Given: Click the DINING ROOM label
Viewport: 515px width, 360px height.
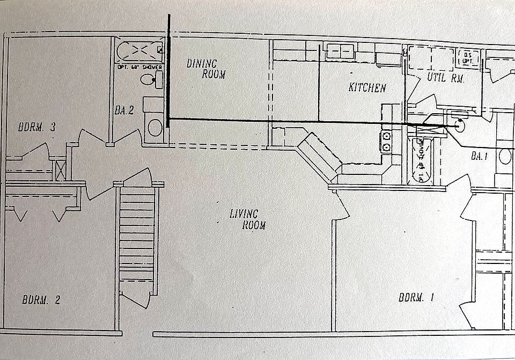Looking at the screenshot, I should pos(206,69).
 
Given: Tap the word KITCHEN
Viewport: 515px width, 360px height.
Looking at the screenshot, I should pos(367,87).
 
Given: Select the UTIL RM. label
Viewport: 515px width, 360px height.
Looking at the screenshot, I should pos(445,78).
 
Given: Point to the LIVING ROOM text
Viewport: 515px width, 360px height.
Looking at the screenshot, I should pos(247,219).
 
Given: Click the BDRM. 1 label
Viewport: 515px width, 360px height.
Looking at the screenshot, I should pos(416,298).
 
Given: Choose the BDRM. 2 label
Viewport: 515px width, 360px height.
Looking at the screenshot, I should pos(41,300).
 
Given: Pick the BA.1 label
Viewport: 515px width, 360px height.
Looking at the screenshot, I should pos(479,157).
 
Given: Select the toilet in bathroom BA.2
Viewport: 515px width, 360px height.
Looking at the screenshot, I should pos(151,80).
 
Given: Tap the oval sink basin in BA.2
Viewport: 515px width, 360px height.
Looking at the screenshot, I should pos(155,128).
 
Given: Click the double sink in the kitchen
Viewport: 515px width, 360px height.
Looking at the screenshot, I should pos(340,52).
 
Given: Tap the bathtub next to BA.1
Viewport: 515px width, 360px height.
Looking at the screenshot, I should pos(421,160).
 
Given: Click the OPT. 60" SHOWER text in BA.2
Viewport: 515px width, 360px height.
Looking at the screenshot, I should pos(140,67).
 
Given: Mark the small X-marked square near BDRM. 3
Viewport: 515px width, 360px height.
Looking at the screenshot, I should pos(61,170).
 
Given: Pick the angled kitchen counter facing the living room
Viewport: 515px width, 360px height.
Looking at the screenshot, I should pos(320,158).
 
